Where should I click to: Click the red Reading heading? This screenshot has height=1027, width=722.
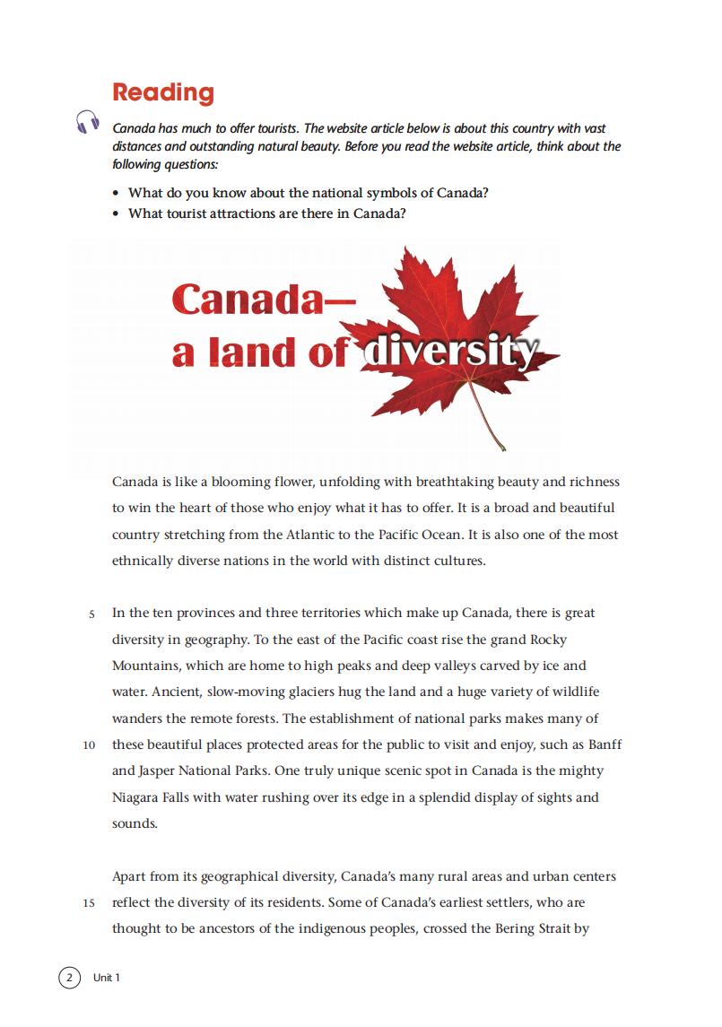[163, 92]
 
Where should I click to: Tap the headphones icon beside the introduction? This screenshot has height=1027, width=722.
[87, 122]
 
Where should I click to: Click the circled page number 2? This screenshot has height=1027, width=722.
[69, 977]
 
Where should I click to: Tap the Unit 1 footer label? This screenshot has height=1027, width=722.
[106, 978]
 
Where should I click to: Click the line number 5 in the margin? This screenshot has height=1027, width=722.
[91, 614]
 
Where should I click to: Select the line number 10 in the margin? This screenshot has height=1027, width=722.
[89, 745]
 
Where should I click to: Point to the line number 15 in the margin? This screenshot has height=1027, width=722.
[89, 903]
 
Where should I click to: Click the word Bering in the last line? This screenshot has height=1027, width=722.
[516, 928]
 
